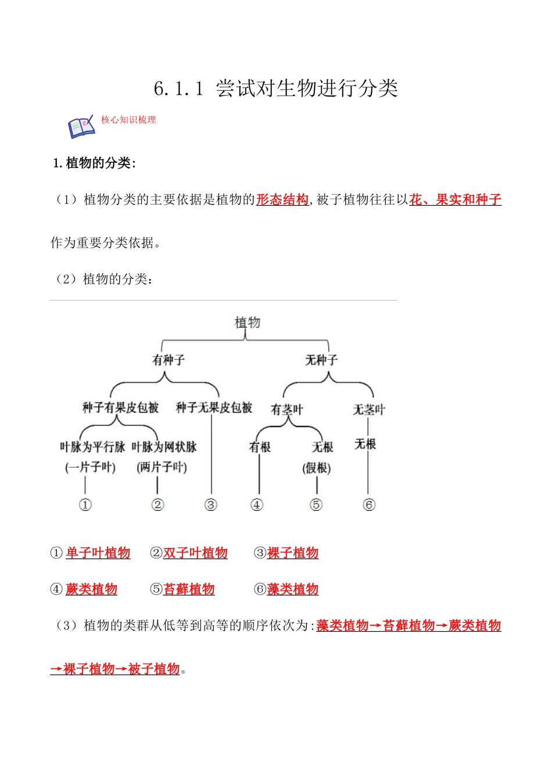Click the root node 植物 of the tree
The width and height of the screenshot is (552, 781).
point(247,323)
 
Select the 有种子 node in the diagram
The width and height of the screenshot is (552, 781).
point(168,360)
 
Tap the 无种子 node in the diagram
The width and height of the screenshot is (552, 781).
point(321,360)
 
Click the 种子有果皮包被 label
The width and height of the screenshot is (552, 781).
point(120,408)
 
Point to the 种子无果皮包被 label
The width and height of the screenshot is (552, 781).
point(214,408)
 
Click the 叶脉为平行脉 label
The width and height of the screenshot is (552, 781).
point(92,447)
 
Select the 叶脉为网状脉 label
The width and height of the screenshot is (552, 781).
point(164,447)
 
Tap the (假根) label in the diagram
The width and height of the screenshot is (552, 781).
point(317,468)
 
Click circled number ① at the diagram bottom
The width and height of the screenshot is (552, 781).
point(85,505)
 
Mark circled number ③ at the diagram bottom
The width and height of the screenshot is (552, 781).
point(211,505)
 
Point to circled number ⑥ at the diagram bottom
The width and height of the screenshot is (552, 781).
point(369,505)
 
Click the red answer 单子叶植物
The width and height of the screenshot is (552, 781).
point(98,553)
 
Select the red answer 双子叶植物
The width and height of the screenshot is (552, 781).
point(195,553)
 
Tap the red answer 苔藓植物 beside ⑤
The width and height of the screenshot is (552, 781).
point(189,589)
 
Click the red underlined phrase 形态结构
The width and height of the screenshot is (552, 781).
point(282,200)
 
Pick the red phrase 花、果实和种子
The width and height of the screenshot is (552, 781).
point(455,200)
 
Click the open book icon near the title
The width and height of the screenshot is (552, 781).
point(81,127)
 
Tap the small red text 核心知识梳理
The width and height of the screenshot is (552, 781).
point(128,120)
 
